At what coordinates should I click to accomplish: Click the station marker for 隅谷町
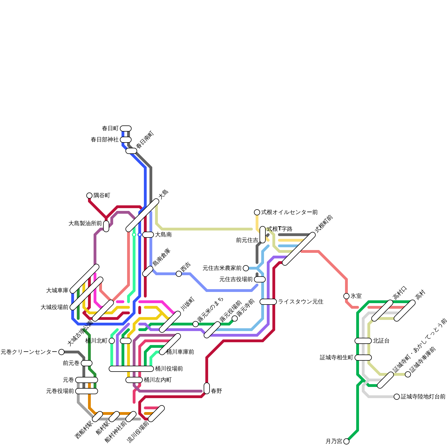89,196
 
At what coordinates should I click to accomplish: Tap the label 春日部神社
105,140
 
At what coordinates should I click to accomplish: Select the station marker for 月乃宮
346,441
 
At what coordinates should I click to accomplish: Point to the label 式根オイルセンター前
289,212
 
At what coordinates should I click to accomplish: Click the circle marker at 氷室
346,296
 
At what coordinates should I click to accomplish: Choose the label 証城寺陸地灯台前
423,397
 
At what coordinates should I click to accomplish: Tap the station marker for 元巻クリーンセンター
61,352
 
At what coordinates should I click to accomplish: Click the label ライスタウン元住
301,302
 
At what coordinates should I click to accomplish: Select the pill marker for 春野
207,388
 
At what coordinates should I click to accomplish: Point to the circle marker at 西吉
179,274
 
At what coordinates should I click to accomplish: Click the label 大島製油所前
85,223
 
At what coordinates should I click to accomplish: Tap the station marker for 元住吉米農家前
246,268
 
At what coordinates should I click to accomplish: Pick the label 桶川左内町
158,380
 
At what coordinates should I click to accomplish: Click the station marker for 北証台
363,341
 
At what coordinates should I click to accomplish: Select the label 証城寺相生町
336,358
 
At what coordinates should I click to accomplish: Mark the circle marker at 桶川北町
112,341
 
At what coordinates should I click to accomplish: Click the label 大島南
163,235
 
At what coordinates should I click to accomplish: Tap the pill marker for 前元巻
87,363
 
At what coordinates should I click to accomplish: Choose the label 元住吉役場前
236,279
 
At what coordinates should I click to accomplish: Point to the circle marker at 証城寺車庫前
408,374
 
